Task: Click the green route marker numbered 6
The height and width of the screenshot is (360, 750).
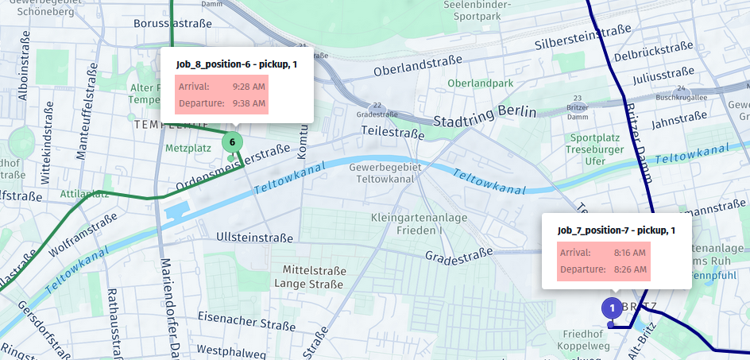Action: click(x=232, y=142)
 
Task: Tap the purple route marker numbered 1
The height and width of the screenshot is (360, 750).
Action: click(x=612, y=308)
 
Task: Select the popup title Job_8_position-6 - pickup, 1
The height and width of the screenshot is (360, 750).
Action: click(x=236, y=64)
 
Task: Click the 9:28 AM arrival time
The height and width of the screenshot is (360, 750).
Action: click(x=249, y=86)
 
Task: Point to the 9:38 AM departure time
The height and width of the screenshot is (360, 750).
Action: click(x=249, y=103)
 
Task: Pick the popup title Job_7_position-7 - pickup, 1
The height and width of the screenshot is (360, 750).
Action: click(x=616, y=230)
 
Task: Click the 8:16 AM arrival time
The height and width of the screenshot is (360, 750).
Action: click(x=630, y=253)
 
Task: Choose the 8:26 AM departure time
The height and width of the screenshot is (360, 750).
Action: click(x=630, y=269)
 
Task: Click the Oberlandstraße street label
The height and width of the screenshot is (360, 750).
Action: click(x=418, y=66)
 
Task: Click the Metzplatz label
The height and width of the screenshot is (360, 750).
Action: click(x=187, y=148)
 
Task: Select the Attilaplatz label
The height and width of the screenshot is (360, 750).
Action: click(x=84, y=193)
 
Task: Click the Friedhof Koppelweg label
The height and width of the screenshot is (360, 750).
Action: click(x=587, y=341)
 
